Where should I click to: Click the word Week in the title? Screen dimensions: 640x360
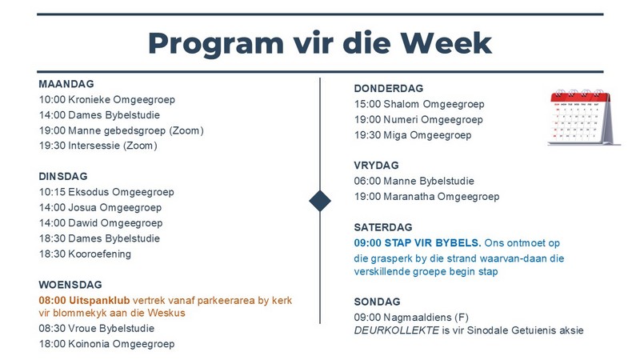coord(446,43)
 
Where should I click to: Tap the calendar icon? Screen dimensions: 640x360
coord(584,118)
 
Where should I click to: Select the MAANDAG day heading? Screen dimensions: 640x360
coord(66,84)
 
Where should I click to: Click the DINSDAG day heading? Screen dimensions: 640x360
coord(63,176)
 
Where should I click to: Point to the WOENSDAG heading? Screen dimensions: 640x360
coord(70,285)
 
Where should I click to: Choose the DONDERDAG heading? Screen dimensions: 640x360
coord(389,89)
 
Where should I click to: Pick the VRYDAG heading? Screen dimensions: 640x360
coord(376,166)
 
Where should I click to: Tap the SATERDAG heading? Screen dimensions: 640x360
coord(383,227)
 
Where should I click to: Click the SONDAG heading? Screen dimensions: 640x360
coord(377,302)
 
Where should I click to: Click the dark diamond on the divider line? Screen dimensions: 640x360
coord(320,201)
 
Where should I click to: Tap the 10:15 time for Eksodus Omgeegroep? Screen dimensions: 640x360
coord(52,192)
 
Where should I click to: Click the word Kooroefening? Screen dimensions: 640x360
coord(99,254)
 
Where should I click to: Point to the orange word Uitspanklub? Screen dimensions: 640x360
coord(99,301)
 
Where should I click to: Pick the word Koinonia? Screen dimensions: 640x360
coord(89,344)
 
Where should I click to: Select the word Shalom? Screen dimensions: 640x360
coord(402,104)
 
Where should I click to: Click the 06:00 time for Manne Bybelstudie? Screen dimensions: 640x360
coord(367,181)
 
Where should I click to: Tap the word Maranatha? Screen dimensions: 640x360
coord(409,196)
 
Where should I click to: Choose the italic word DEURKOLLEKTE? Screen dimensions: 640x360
coord(396,330)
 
